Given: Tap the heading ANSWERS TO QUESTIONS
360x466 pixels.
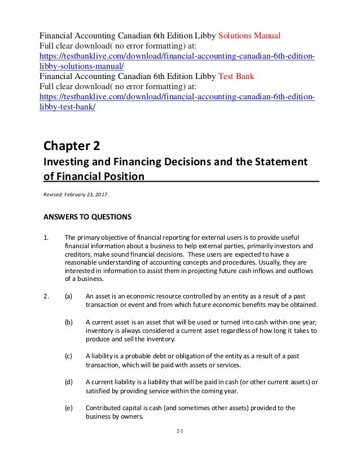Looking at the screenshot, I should (x=87, y=216).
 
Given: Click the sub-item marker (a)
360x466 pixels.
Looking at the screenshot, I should (x=69, y=295).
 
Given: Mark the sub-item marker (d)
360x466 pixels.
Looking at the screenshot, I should (x=69, y=382).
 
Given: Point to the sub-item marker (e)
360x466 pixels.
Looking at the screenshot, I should (x=69, y=407).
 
